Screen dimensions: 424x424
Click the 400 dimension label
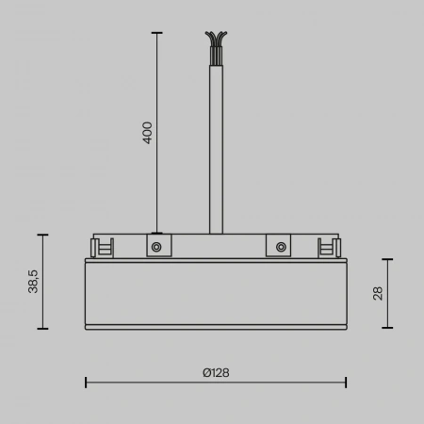147,132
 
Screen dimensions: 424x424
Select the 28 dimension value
378,293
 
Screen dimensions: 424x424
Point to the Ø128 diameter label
216,372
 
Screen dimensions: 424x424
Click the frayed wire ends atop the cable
215,43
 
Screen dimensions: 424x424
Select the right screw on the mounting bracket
280,247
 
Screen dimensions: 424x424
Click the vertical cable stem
216,141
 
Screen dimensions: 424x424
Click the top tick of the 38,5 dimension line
42,234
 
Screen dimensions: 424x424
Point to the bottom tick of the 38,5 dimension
42,328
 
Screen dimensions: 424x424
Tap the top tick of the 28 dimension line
388,259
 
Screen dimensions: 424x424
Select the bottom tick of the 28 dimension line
388,328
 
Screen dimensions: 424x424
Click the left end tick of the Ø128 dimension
86,382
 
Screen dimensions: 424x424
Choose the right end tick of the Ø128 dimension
346,382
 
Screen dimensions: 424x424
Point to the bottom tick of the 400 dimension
155,233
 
